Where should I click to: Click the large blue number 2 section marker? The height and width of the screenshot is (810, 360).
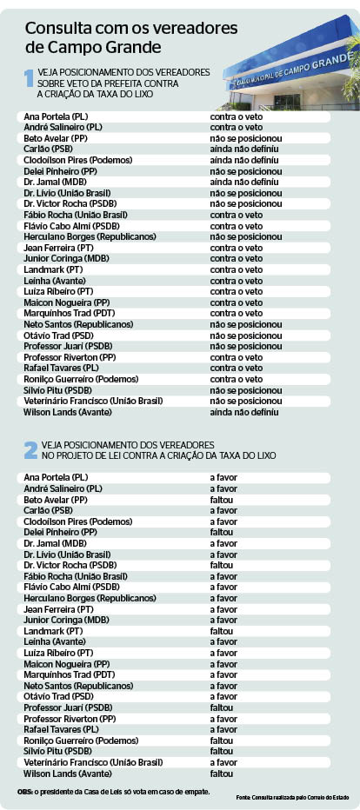(30, 449)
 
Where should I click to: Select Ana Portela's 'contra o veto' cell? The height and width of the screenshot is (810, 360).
(236, 116)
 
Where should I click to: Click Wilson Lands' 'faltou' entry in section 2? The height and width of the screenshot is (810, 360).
(222, 773)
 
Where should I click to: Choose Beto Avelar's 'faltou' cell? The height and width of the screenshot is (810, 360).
(222, 500)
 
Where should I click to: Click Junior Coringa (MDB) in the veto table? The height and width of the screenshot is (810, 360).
(66, 258)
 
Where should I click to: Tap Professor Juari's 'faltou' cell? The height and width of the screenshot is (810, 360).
(222, 707)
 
